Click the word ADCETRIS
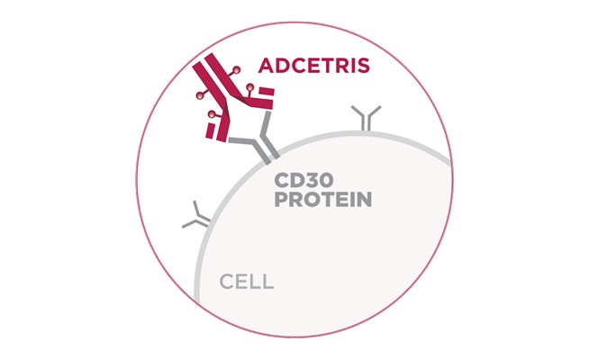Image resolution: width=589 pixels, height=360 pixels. pyautogui.click(x=314, y=66)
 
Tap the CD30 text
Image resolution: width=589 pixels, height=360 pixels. pyautogui.click(x=304, y=180)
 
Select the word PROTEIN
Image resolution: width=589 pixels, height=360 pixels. pyautogui.click(x=323, y=199)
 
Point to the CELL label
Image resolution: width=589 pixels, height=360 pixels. pyautogui.click(x=247, y=281)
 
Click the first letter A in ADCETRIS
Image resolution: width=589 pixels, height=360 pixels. pyautogui.click(x=266, y=66)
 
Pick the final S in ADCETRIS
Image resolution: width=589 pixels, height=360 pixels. pyautogui.click(x=363, y=66)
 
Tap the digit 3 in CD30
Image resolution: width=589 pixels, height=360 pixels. pyautogui.click(x=311, y=180)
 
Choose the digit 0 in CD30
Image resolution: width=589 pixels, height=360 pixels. pyautogui.click(x=326, y=180)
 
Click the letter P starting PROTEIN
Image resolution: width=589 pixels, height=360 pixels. pyautogui.click(x=281, y=199)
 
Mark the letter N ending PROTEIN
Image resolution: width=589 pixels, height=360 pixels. pyautogui.click(x=365, y=199)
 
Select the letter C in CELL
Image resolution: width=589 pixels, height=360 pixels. pyautogui.click(x=227, y=281)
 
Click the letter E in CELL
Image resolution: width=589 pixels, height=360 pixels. pyautogui.click(x=242, y=281)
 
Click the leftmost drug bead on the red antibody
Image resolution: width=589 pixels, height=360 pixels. pyautogui.click(x=200, y=95)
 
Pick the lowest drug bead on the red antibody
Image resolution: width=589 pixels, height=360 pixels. pyautogui.click(x=213, y=113)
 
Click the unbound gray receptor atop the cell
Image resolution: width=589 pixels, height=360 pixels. pyautogui.click(x=367, y=118)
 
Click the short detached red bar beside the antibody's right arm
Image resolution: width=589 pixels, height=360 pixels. pyautogui.click(x=267, y=92)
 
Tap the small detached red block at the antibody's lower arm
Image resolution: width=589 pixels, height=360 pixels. pyautogui.click(x=210, y=130)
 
